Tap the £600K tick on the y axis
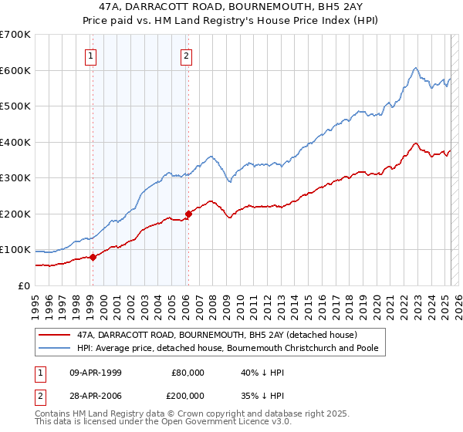tap(15, 70)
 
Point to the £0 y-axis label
tap(23, 285)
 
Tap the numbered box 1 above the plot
tap(91, 56)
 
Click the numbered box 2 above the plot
tap(187, 56)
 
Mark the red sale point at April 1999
tap(93, 257)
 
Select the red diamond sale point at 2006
tap(188, 214)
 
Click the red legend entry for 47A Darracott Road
tap(216, 335)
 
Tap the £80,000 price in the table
tap(188, 372)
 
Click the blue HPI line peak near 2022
tap(415, 68)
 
